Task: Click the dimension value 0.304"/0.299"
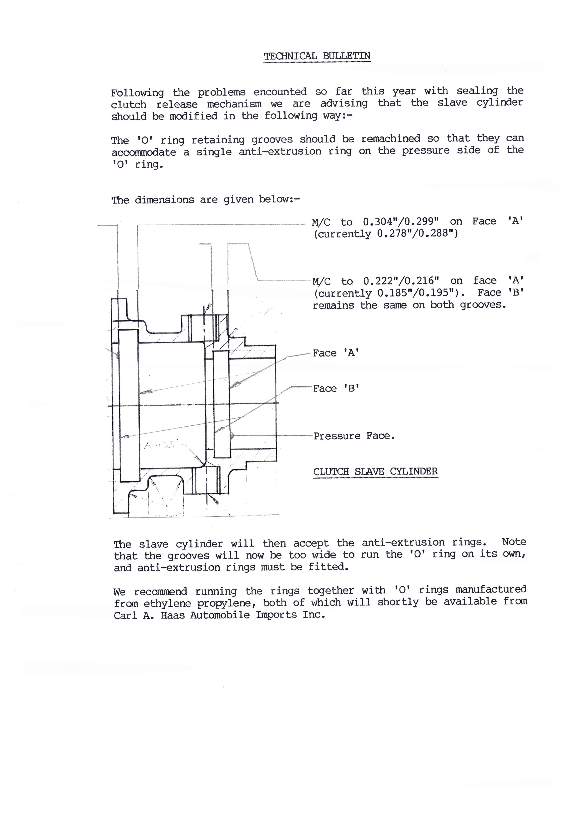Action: pyautogui.click(x=400, y=221)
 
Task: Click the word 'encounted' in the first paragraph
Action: pyautogui.click(x=280, y=92)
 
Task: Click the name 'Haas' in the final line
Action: pyautogui.click(x=173, y=615)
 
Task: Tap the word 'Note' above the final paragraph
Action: pyautogui.click(x=514, y=542)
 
